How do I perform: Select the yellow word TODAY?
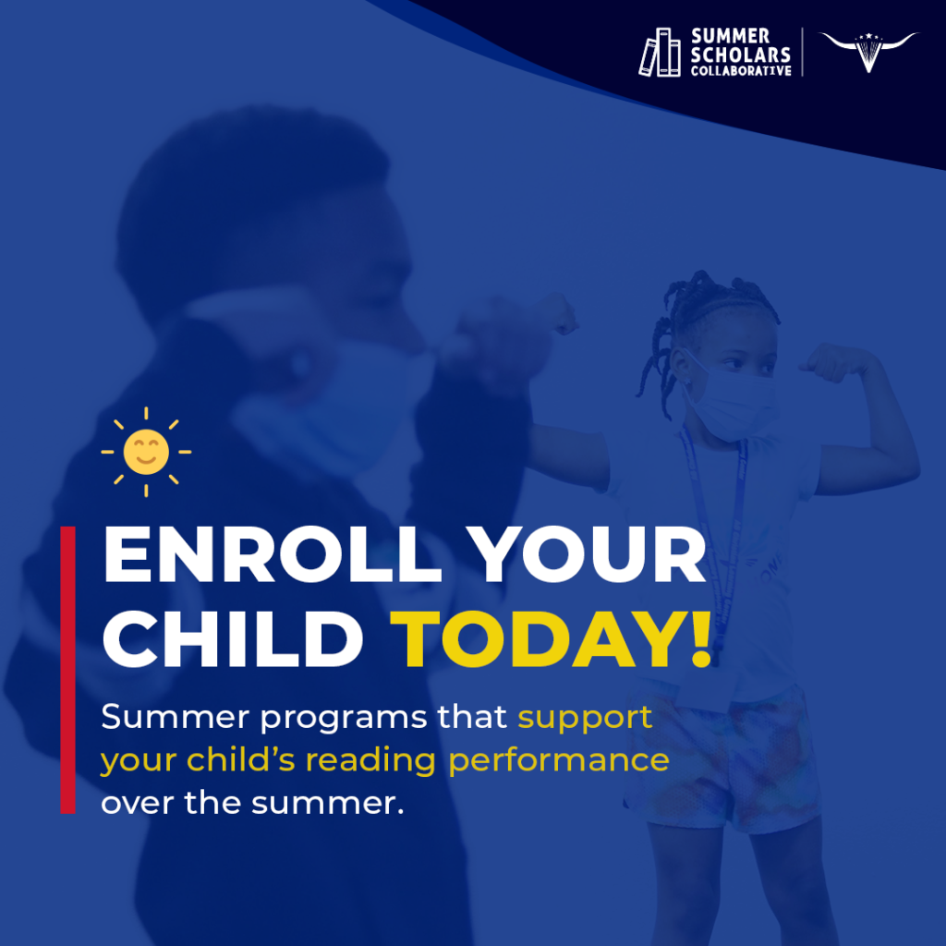(x=552, y=637)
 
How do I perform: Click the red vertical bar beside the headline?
(x=67, y=670)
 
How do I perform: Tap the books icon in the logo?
(x=660, y=53)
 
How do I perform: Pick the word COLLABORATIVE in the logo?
(x=741, y=70)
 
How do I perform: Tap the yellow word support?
(x=585, y=718)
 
